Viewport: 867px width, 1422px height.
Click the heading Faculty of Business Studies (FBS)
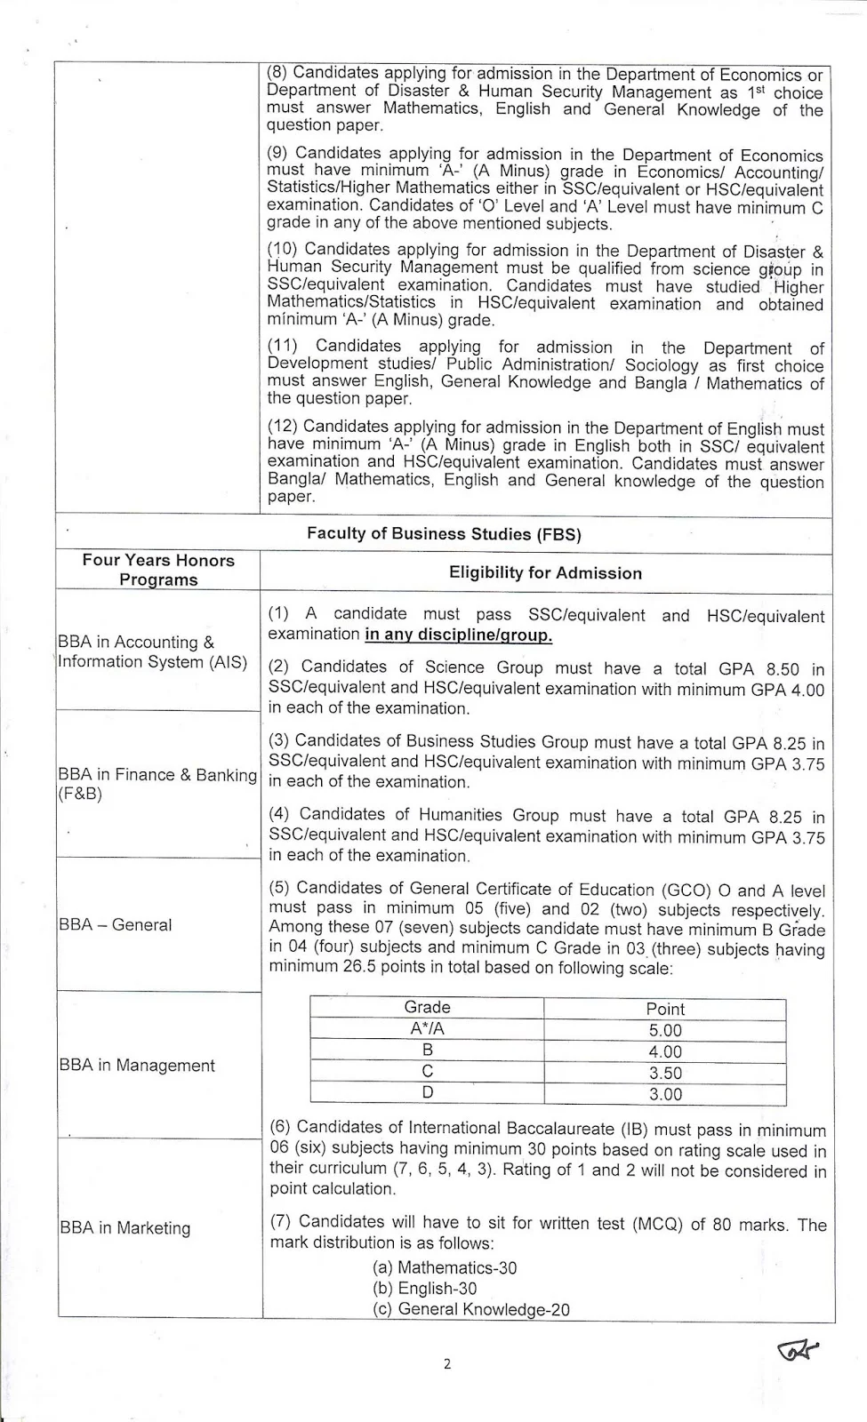(x=443, y=534)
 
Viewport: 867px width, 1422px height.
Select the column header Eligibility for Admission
(x=545, y=573)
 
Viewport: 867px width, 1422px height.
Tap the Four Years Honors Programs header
(x=158, y=570)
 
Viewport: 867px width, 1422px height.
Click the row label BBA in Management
(x=137, y=1065)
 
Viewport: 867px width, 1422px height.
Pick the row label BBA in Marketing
(x=125, y=1228)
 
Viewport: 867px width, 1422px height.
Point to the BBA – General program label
(x=116, y=924)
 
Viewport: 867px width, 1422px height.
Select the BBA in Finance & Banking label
(x=157, y=784)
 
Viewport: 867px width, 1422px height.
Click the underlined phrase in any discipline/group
(x=458, y=635)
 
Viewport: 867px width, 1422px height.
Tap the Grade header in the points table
(x=427, y=1008)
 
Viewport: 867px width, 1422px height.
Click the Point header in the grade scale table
(x=665, y=1009)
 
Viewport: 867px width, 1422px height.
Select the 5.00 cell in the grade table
(x=665, y=1031)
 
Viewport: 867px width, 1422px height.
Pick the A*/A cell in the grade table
(x=427, y=1029)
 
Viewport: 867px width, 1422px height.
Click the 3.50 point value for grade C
(x=665, y=1074)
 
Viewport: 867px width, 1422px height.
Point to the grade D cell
(x=427, y=1093)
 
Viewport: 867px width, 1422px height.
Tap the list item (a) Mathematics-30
(x=445, y=1268)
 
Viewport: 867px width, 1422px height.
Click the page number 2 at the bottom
(x=446, y=1364)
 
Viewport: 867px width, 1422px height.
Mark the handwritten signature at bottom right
(x=797, y=1351)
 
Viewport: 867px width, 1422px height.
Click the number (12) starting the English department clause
(x=283, y=427)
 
